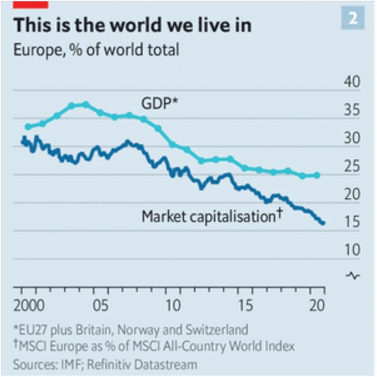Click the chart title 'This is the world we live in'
point(132,25)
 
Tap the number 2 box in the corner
point(352,19)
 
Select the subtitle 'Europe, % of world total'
point(96,49)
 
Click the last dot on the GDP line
point(317,175)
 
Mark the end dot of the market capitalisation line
point(323,222)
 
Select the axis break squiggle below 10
point(353,275)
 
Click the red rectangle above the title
point(31,4)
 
